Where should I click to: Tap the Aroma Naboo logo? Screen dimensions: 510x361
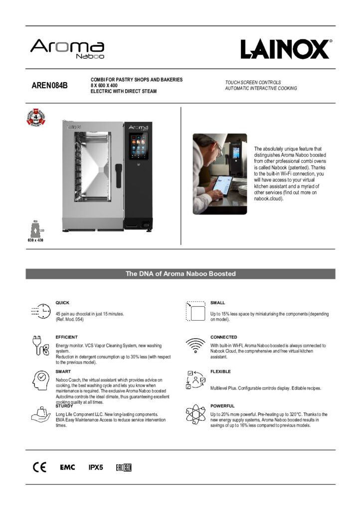(67, 49)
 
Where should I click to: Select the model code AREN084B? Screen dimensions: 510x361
(50, 85)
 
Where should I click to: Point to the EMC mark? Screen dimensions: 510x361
(67, 467)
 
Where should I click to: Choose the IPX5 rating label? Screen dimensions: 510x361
(95, 467)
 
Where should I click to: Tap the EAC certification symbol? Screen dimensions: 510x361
(124, 467)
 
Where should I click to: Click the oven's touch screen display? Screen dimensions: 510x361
(137, 146)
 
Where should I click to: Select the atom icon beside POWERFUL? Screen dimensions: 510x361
(195, 415)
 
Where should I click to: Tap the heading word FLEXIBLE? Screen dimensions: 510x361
(220, 372)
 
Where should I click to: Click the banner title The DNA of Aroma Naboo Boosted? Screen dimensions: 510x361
(180, 274)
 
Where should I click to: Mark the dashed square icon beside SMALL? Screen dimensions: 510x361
(196, 311)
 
